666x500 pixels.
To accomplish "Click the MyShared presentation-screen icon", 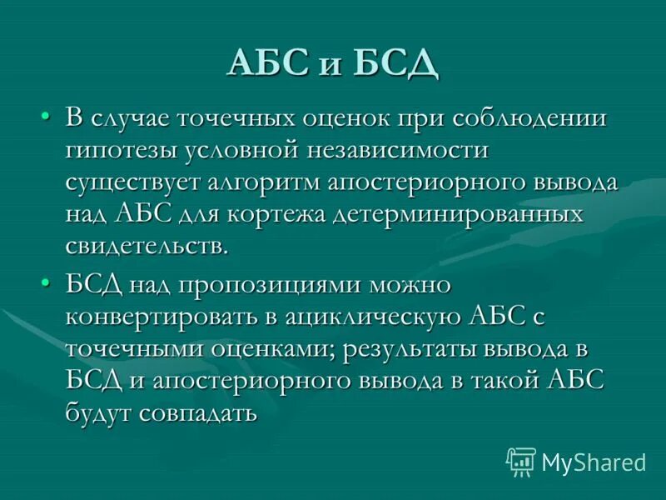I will [521, 461].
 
